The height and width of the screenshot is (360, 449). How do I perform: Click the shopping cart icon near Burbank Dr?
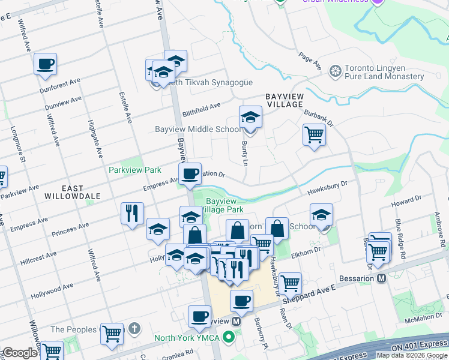[314, 134]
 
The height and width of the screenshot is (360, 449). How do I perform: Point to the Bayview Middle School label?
[198, 129]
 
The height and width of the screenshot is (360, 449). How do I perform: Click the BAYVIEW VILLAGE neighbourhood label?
[285, 100]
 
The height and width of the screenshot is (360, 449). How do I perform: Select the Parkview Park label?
[134, 170]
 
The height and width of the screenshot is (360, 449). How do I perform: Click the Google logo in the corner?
[20, 353]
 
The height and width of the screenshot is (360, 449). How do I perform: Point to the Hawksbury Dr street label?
[328, 188]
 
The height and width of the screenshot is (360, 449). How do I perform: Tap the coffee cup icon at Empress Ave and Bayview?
[190, 174]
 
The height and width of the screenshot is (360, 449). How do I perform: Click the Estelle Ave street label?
[128, 105]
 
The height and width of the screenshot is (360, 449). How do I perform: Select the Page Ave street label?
[310, 60]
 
